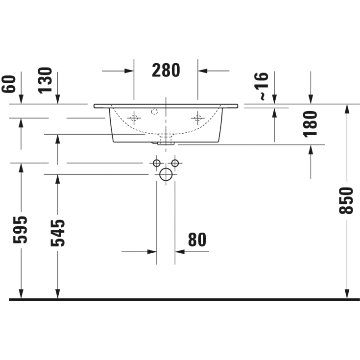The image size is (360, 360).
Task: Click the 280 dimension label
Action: pos(166,71)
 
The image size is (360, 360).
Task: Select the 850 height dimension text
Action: pos(347,201)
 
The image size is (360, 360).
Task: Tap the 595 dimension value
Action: pos(21,229)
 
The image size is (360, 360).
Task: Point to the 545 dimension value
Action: pos(58,233)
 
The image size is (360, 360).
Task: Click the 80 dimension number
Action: pos(197,240)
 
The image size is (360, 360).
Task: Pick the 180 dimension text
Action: pos(311,123)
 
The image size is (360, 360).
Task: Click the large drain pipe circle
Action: pos(166,174)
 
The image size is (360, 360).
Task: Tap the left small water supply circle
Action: pos(157,163)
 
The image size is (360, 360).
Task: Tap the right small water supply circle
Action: pos(175,163)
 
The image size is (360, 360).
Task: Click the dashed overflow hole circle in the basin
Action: pos(154,112)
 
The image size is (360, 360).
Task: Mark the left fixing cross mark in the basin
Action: pos(134,118)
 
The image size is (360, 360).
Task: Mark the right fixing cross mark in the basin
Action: pos(198,118)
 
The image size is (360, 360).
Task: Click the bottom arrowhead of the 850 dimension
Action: pos(347,293)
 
